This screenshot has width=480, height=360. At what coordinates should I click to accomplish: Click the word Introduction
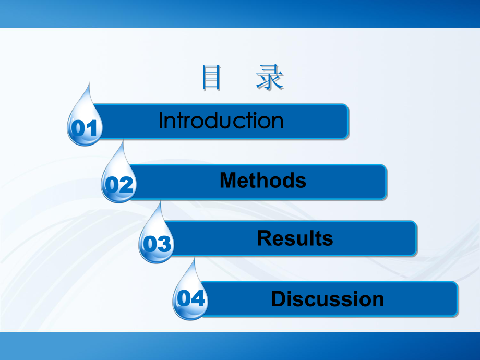click(221, 121)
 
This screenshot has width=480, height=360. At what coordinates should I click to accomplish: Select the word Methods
click(262, 181)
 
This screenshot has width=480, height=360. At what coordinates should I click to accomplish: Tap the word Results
click(295, 238)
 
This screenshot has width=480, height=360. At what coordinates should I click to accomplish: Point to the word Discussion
click(328, 299)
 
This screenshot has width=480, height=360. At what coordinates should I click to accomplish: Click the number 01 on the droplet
click(85, 128)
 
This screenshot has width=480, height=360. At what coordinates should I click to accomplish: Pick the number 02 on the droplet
click(119, 185)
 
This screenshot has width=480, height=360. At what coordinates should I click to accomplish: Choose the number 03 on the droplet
click(157, 244)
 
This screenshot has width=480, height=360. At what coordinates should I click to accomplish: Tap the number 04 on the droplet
click(191, 299)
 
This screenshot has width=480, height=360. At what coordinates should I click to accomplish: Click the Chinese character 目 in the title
click(211, 78)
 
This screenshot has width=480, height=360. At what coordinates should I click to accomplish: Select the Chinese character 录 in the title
click(270, 78)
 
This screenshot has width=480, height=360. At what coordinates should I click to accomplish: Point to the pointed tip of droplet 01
click(90, 83)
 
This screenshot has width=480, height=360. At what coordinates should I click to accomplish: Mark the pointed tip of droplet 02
click(123, 141)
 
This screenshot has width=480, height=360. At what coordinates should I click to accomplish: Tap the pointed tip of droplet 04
click(195, 258)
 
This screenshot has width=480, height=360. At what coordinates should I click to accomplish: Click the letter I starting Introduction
click(161, 121)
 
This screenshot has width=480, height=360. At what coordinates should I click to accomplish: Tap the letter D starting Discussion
click(278, 299)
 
